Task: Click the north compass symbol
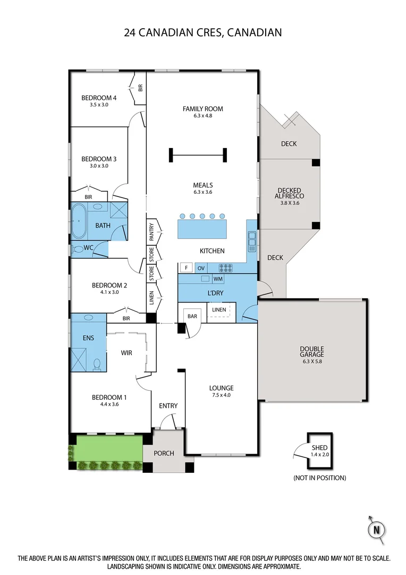pyautogui.click(x=377, y=530)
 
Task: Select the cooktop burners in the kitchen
pyautogui.click(x=226, y=268)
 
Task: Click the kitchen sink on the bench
pyautogui.click(x=251, y=242)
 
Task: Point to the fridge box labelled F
pyautogui.click(x=186, y=268)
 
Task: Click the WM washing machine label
pyautogui.click(x=218, y=279)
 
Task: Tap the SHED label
pyautogui.click(x=319, y=448)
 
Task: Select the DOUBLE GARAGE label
pyautogui.click(x=311, y=351)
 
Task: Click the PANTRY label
pyautogui.click(x=151, y=232)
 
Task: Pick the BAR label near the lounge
pyautogui.click(x=192, y=316)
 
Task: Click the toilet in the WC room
pyautogui.click(x=79, y=249)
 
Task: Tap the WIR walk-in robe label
pyautogui.click(x=126, y=352)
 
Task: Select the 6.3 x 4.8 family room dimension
pyautogui.click(x=202, y=116)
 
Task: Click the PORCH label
pyautogui.click(x=164, y=454)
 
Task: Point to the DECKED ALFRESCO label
pyautogui.click(x=289, y=193)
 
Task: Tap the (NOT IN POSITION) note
pyautogui.click(x=319, y=478)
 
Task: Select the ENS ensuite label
pyautogui.click(x=88, y=338)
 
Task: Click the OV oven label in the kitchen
pyautogui.click(x=202, y=268)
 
